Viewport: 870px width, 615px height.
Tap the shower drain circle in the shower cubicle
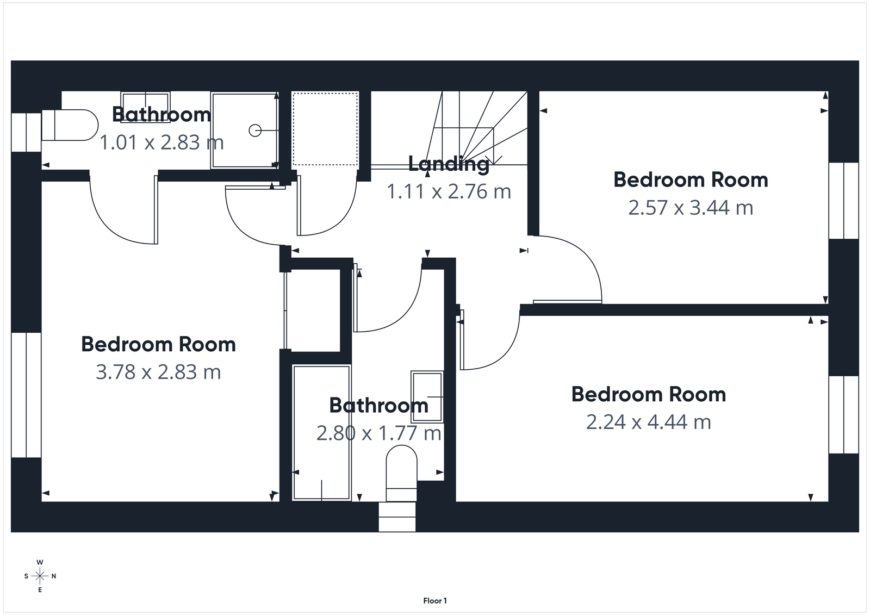[254, 131]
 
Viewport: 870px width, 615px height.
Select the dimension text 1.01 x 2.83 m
[161, 142]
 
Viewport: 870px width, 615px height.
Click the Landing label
[449, 164]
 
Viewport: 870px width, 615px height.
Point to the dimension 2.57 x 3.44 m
[691, 208]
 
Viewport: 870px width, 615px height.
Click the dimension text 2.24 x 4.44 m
[648, 422]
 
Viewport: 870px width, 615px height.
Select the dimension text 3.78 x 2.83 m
[158, 372]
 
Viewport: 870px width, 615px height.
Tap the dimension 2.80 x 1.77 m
[378, 433]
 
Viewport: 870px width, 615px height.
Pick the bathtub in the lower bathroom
[321, 432]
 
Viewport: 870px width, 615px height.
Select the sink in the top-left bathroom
[145, 101]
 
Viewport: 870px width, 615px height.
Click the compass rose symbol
[40, 576]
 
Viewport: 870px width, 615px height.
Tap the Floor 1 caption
[435, 601]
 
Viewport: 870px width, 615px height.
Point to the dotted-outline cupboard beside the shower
[325, 129]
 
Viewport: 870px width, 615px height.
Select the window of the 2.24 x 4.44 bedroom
[843, 414]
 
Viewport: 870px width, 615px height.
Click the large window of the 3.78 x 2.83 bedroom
[26, 395]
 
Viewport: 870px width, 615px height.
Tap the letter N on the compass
[54, 576]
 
